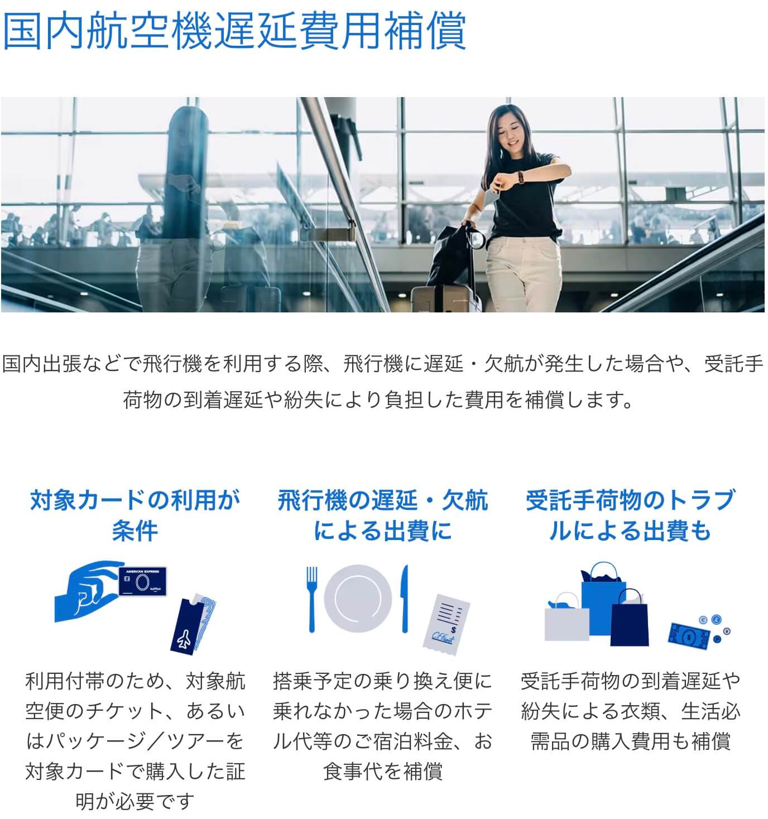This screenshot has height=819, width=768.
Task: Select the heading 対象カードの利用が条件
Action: [135, 515]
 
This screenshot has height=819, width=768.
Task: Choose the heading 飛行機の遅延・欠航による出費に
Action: [383, 515]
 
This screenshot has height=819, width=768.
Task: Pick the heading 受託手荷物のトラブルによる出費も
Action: [630, 515]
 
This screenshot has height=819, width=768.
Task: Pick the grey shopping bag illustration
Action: [566, 620]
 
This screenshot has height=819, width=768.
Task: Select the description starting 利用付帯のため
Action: [135, 741]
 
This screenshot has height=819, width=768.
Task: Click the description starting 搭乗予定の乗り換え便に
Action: [383, 726]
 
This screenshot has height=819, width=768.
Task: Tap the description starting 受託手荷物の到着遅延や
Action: [630, 711]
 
